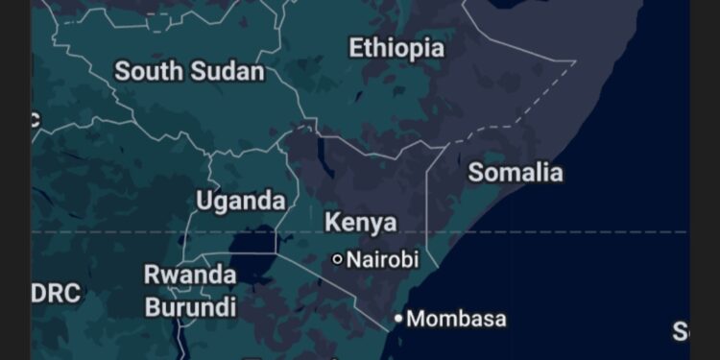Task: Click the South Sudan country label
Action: [x=189, y=71]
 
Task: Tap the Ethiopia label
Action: [x=396, y=48]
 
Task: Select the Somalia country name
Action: [x=515, y=173]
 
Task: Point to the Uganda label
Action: [x=240, y=201]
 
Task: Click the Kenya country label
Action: [x=360, y=223]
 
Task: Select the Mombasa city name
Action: [x=457, y=319]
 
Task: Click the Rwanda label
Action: [x=190, y=275]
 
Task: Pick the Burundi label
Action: [x=190, y=307]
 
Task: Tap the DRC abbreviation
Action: [x=56, y=294]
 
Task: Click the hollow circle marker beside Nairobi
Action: [x=337, y=259]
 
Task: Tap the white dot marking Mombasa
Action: [x=398, y=318]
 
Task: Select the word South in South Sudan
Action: [x=149, y=71]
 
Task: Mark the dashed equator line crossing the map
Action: [x=576, y=232]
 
